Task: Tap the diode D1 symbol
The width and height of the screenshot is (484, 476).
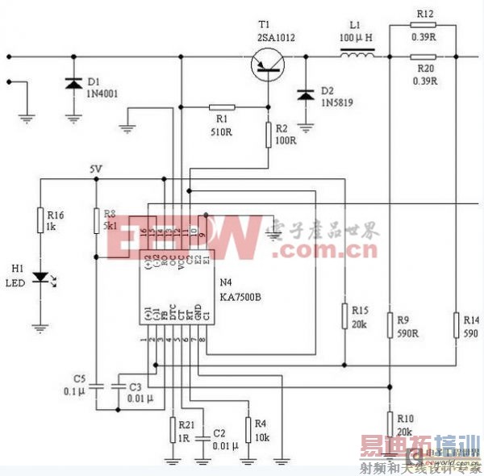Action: tap(73, 83)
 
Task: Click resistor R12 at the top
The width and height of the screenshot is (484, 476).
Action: tap(423, 26)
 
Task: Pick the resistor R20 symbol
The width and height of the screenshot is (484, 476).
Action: tap(423, 56)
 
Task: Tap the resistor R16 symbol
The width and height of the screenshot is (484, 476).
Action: tap(39, 220)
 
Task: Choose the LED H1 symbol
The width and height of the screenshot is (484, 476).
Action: tap(39, 278)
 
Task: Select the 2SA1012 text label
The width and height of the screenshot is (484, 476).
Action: tap(277, 37)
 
